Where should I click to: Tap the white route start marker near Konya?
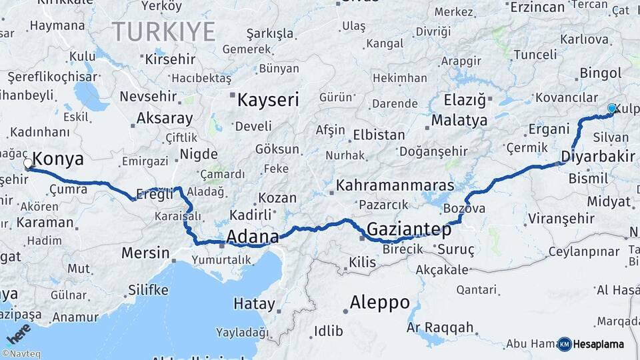coord(28,163)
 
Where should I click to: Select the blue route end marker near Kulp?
coord(611,108)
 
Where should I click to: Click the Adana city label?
coord(253,237)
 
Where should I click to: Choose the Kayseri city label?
coord(268,100)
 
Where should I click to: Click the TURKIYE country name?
coord(163,31)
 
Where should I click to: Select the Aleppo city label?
coord(380,302)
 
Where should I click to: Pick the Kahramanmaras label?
coord(395,185)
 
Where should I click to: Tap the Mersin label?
coord(145,253)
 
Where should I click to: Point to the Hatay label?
coord(254,304)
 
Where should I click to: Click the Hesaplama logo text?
coord(599,345)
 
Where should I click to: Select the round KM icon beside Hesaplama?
coord(564,344)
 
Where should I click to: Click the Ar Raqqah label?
coord(440,327)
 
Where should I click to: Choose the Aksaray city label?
coord(165,119)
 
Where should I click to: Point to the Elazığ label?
coord(465,100)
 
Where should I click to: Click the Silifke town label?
coord(147,289)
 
